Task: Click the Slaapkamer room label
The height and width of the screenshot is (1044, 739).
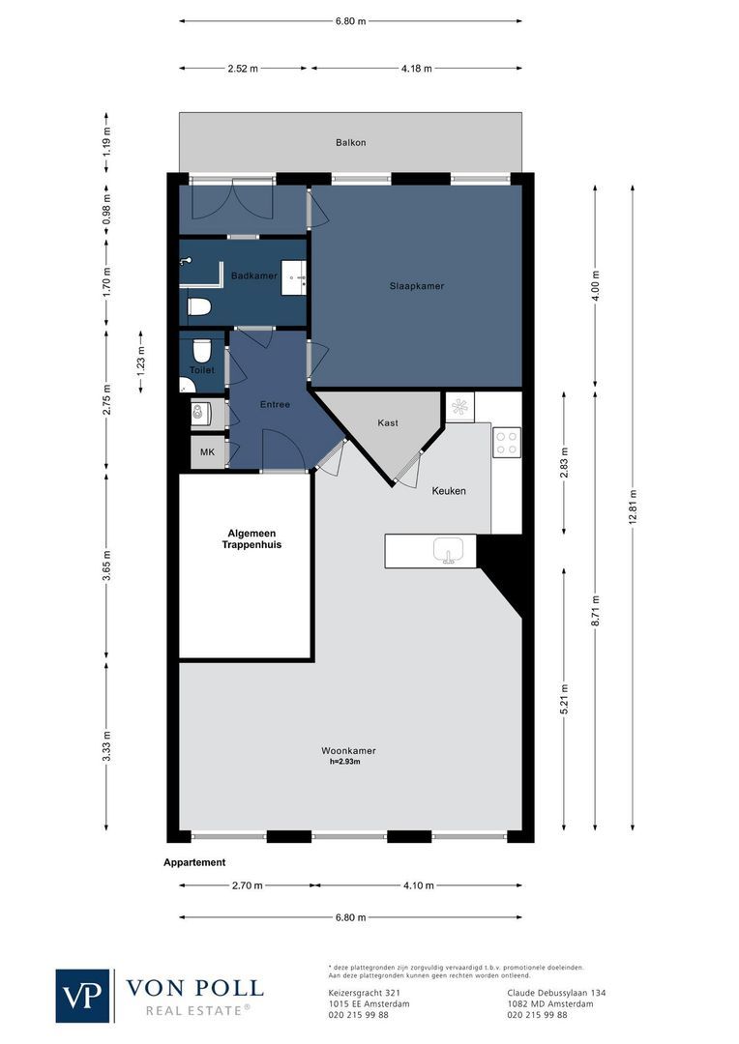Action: (417, 286)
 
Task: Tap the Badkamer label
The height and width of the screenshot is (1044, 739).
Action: (253, 276)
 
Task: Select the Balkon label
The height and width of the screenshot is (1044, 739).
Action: (350, 142)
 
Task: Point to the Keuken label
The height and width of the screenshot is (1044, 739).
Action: (449, 491)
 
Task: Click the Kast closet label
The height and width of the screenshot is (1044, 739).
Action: (388, 422)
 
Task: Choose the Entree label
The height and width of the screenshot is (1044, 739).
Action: (275, 404)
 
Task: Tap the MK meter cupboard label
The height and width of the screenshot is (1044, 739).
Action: (206, 452)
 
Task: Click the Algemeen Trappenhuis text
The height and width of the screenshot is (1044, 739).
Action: (246, 538)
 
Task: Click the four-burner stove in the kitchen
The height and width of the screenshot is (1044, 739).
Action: (507, 442)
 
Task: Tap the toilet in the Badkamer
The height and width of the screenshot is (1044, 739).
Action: (199, 307)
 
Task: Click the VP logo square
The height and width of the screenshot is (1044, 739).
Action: (83, 995)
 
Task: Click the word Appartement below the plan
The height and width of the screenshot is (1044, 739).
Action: (194, 862)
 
